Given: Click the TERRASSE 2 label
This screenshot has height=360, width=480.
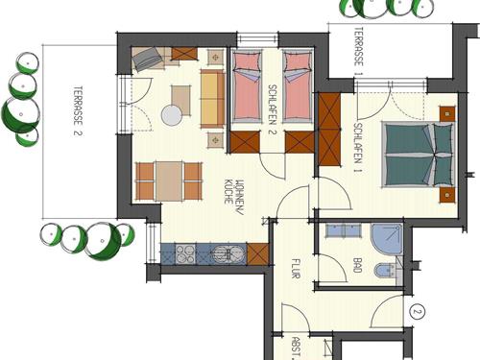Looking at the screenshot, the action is click(x=78, y=110).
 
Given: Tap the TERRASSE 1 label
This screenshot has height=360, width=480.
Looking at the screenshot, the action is click(x=358, y=51).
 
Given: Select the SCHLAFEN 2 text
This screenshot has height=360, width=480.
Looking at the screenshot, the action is click(x=272, y=109).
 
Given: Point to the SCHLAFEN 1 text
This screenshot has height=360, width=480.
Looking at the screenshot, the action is click(x=358, y=148).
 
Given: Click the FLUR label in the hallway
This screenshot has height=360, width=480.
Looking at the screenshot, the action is click(x=296, y=269).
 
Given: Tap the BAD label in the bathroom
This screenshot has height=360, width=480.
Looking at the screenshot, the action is click(x=357, y=265).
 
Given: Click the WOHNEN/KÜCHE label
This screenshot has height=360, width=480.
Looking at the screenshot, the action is click(x=234, y=196).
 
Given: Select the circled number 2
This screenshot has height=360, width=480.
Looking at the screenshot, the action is click(x=417, y=312).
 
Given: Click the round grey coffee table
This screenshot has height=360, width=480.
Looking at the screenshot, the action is click(x=172, y=115).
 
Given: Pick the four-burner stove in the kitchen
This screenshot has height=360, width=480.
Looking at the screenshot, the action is click(x=185, y=254).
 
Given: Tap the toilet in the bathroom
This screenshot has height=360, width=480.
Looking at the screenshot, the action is click(x=385, y=270).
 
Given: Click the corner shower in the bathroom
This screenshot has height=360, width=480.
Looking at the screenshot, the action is click(x=386, y=239).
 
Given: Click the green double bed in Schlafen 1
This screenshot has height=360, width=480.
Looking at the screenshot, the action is click(x=418, y=156).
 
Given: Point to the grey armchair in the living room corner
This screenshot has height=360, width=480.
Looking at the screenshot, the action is click(x=147, y=60).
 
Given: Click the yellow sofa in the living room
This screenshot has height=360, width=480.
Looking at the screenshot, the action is click(x=212, y=99).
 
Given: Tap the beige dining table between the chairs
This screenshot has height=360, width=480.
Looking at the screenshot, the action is click(x=169, y=181).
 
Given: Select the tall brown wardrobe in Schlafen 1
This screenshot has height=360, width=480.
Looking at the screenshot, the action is click(x=329, y=129).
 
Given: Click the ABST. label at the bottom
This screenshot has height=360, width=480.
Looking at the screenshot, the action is click(x=297, y=348).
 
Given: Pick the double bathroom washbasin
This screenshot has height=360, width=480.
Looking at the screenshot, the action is click(x=344, y=230).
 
